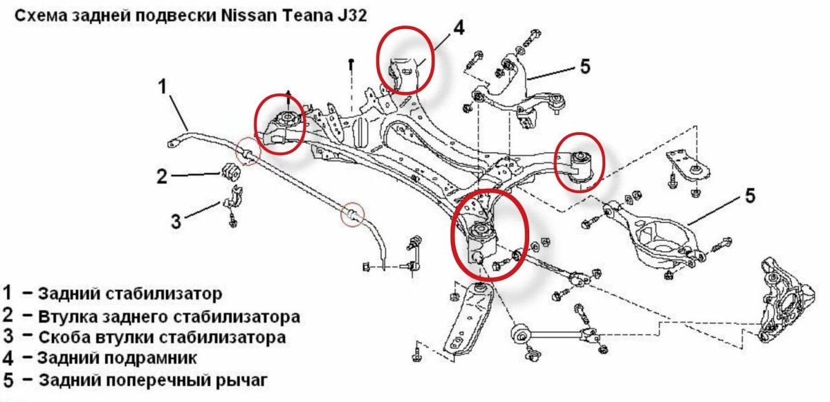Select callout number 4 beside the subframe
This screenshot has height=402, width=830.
459,28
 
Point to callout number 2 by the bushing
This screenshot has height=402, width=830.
162,177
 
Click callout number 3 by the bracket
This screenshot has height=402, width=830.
176,221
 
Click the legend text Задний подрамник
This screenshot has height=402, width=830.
117,358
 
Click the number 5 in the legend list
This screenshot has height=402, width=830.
8,380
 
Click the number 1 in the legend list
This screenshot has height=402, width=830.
8,293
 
